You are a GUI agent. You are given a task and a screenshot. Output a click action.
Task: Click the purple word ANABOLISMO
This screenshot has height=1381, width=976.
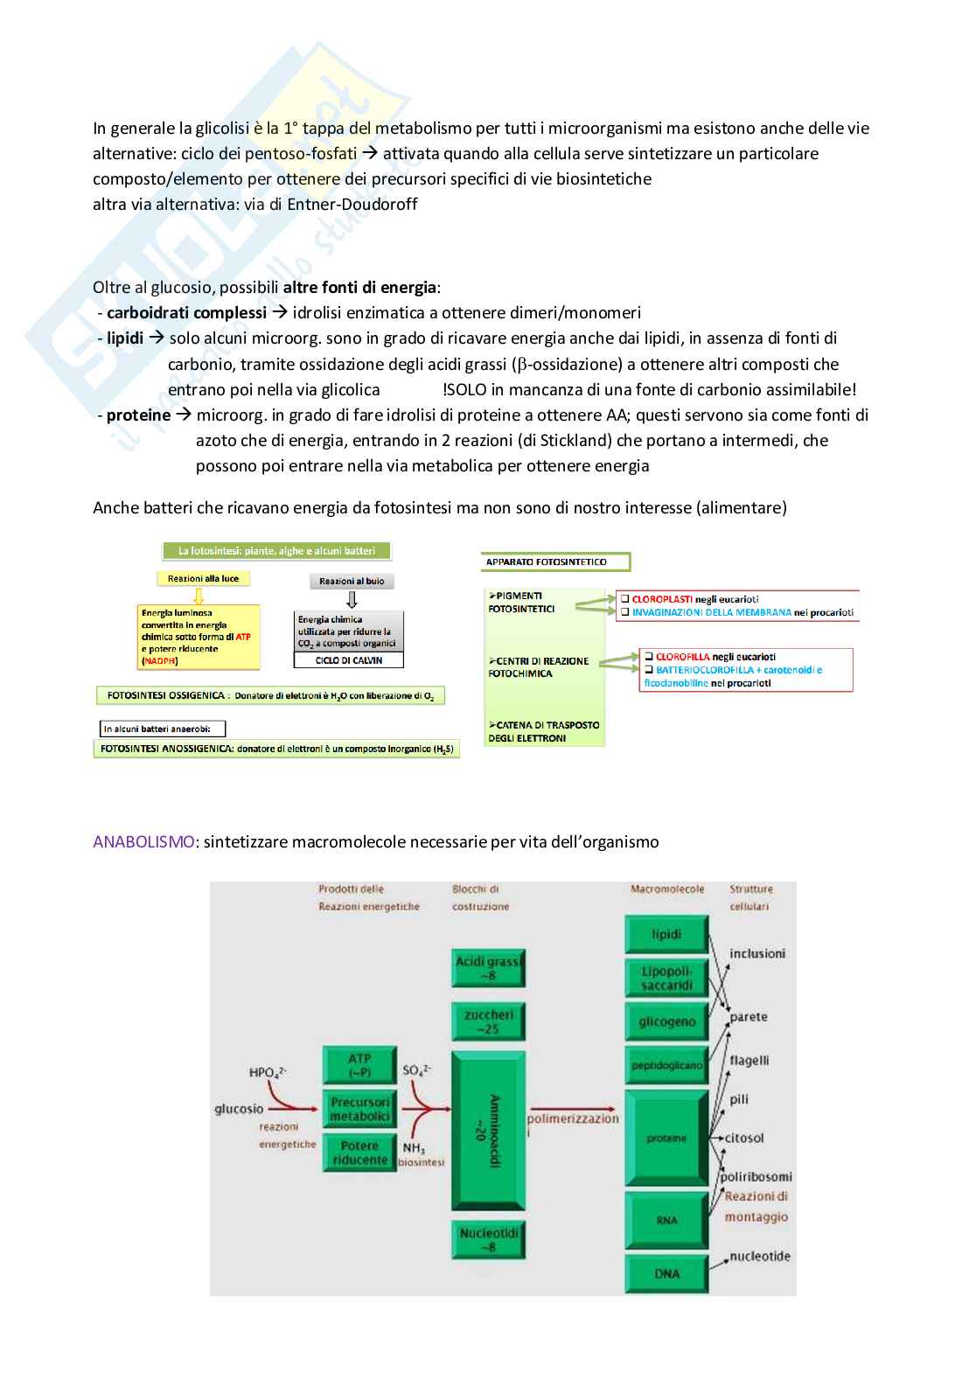143,842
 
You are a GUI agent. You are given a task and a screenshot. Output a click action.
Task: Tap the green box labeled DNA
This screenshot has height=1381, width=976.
666,1273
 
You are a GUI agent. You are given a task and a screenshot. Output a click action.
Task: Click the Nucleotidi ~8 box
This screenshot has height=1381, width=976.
488,1239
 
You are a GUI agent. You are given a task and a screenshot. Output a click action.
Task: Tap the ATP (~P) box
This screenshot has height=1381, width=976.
359,1065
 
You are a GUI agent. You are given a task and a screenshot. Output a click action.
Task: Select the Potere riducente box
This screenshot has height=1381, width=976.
359,1152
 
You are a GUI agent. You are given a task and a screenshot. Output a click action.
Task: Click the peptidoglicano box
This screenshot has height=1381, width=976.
666,1065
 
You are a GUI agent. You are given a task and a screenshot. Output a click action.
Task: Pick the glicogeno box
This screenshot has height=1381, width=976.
666,1022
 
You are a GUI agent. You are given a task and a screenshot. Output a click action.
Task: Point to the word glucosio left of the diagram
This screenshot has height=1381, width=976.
239,1108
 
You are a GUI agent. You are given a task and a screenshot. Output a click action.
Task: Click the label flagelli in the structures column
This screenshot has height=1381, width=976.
749,1060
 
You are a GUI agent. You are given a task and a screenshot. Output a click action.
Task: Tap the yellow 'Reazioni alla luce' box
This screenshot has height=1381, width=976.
199,578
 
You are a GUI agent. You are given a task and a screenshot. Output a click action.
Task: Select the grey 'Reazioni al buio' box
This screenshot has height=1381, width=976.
352,581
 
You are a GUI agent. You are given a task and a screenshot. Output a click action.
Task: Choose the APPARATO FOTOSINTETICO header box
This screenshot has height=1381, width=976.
554,561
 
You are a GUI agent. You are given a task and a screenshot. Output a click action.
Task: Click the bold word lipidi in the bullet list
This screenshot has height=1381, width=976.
125,338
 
